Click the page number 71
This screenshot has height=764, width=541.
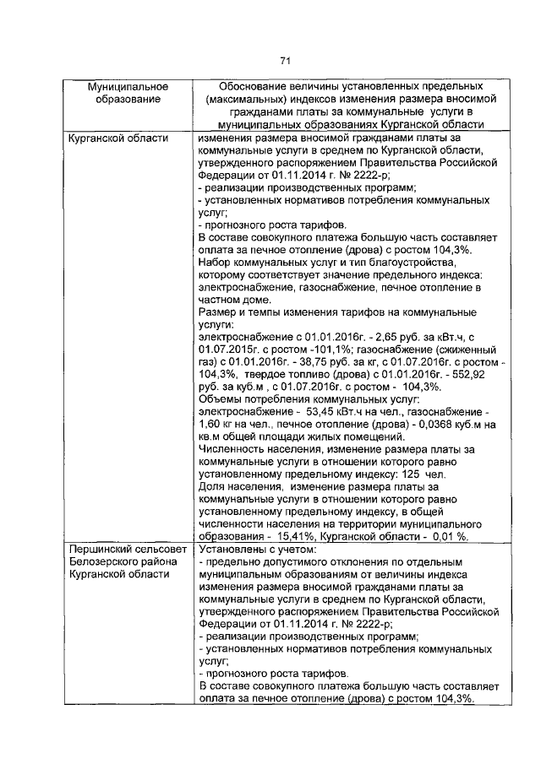click(285, 60)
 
